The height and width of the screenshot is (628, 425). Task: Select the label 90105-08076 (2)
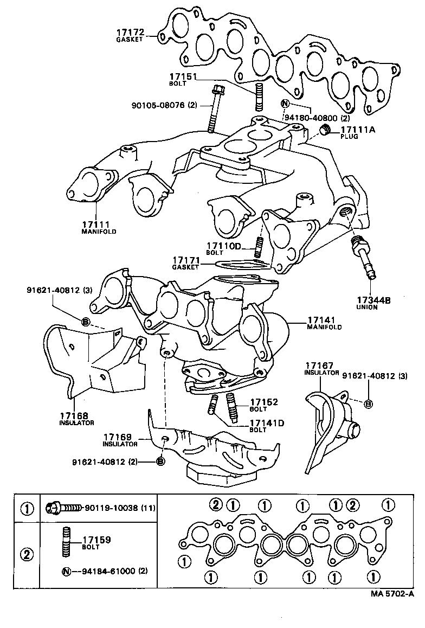(x=163, y=105)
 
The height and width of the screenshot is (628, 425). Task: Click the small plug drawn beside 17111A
(x=325, y=130)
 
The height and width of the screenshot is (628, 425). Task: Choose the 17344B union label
(x=374, y=300)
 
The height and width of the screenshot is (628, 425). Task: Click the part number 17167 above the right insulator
(x=319, y=366)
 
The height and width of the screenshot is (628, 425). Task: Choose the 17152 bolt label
(x=264, y=402)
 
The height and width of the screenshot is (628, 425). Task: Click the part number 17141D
(x=267, y=423)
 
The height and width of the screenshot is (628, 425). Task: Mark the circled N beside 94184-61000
(x=66, y=572)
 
